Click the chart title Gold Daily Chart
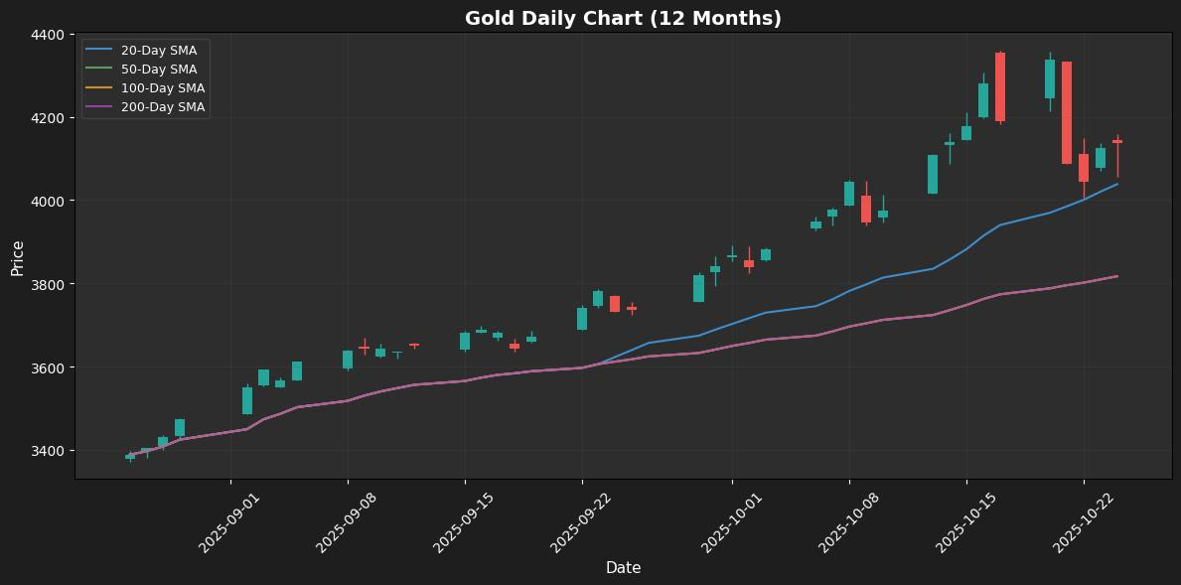[x=623, y=18]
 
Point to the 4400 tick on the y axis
[x=49, y=35]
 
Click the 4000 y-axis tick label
[x=49, y=202]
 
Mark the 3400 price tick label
[x=49, y=451]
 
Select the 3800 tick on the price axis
[x=49, y=285]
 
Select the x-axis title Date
[x=623, y=568]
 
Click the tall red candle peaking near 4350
[x=1000, y=87]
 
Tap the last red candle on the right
[x=1117, y=142]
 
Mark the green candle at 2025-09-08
[x=348, y=360]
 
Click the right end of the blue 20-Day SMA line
[x=1117, y=184]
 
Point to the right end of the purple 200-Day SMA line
[x=1117, y=276]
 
